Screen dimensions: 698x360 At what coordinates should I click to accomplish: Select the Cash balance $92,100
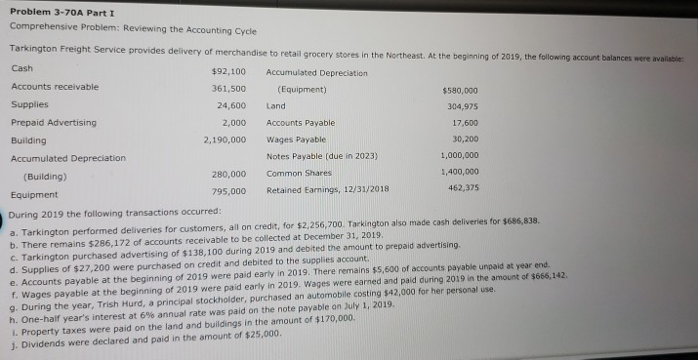point(227,71)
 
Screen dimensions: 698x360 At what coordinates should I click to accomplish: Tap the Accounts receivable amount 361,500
point(227,88)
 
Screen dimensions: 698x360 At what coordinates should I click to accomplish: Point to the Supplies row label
point(30,104)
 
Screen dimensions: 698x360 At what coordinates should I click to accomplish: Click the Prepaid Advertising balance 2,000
point(233,122)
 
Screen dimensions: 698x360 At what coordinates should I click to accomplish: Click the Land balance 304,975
point(466,105)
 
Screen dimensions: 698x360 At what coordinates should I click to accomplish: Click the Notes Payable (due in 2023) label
point(321,157)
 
